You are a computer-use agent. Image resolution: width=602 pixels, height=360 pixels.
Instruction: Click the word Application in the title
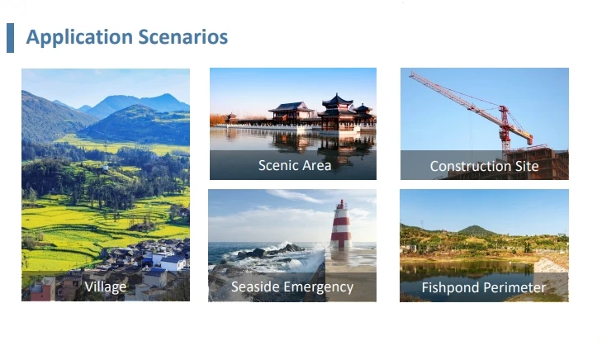pos(79,38)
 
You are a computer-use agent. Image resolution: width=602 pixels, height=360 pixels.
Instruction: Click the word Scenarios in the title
pos(182,37)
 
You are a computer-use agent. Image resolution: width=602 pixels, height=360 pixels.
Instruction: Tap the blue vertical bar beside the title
pos(11,38)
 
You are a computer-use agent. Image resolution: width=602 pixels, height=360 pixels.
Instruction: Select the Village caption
pos(105,287)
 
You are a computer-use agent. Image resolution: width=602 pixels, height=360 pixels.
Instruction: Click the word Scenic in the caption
pos(279,165)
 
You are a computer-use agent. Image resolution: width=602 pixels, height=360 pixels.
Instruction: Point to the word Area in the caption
pos(317,165)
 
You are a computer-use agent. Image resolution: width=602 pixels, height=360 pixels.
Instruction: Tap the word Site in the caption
pos(527,166)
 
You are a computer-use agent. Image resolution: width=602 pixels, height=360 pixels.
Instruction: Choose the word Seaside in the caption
pos(255,287)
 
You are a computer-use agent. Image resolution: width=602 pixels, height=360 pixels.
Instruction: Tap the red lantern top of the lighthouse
pos(341,204)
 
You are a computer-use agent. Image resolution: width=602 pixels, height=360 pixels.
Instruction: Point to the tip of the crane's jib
pos(410,73)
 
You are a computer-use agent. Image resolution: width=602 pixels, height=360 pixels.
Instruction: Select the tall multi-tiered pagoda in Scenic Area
pos(337,112)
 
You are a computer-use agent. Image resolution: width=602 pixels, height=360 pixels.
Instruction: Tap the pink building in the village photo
pos(42,289)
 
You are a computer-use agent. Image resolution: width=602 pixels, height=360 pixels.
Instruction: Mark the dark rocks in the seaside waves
pos(271,251)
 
